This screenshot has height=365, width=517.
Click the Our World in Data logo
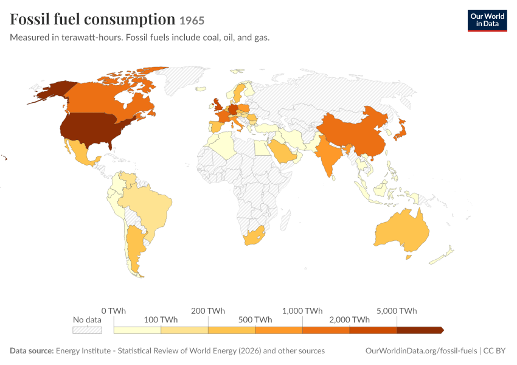click(x=487, y=21)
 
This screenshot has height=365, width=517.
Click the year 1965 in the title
click(x=192, y=21)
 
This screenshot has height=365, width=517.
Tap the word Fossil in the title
click(x=30, y=19)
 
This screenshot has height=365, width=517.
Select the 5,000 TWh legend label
click(x=397, y=311)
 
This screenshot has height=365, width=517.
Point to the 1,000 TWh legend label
click(x=302, y=311)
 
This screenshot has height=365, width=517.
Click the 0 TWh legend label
click(x=113, y=311)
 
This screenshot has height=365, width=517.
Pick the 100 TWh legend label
click(x=161, y=320)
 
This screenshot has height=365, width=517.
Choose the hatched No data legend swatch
click(x=87, y=330)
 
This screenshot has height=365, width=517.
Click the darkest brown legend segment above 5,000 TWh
click(x=420, y=330)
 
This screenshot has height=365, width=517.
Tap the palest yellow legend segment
click(x=137, y=330)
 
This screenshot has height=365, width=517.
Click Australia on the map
click(x=403, y=231)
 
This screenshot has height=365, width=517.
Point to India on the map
click(x=327, y=155)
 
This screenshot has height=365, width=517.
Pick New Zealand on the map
click(x=442, y=255)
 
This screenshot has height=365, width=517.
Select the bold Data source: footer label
click(x=32, y=351)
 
